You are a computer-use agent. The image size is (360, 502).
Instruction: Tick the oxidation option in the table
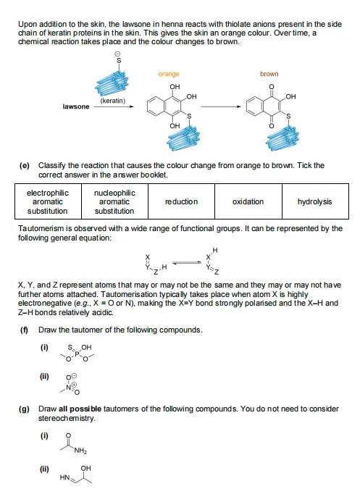[248, 201]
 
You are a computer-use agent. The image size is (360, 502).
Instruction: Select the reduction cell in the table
[181, 201]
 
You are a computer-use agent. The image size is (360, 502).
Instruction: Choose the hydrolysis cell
[315, 201]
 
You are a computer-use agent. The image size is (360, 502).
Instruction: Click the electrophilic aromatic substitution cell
[48, 201]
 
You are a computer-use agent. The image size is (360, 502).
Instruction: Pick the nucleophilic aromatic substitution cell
[114, 201]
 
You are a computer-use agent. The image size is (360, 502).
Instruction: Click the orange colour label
[169, 74]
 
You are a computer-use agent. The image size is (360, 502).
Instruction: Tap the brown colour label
[269, 74]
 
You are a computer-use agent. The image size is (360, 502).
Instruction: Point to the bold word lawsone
[76, 106]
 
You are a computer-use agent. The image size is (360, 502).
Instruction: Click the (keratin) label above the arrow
[113, 101]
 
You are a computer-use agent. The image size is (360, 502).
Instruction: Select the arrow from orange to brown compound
[221, 106]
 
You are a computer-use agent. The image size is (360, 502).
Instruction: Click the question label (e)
[25, 165]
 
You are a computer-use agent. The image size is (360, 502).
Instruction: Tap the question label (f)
[24, 330]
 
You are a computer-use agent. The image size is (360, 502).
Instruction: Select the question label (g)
[25, 409]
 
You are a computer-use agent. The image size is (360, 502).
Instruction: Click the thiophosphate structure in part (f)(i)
[77, 353]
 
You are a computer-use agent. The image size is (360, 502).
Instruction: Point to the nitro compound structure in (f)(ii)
[70, 384]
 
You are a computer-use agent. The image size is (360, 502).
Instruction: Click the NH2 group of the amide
[80, 451]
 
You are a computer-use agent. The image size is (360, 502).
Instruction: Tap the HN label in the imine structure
[64, 477]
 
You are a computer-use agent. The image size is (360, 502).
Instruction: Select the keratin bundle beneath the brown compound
[282, 138]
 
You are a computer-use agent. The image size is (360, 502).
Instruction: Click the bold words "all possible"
[80, 409]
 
